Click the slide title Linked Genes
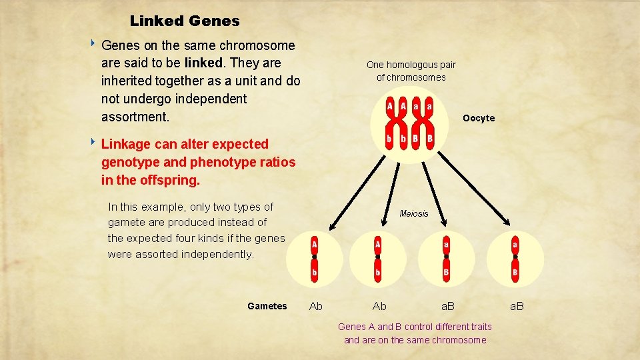[x=185, y=21]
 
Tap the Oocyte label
[x=479, y=118]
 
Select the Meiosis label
[x=413, y=213]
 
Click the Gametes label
[x=267, y=306]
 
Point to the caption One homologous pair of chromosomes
[x=411, y=71]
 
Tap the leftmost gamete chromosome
[x=314, y=258]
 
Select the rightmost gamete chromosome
[x=515, y=258]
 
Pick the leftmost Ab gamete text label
[x=316, y=306]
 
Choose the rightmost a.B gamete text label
[x=517, y=306]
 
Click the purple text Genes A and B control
[x=415, y=327]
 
